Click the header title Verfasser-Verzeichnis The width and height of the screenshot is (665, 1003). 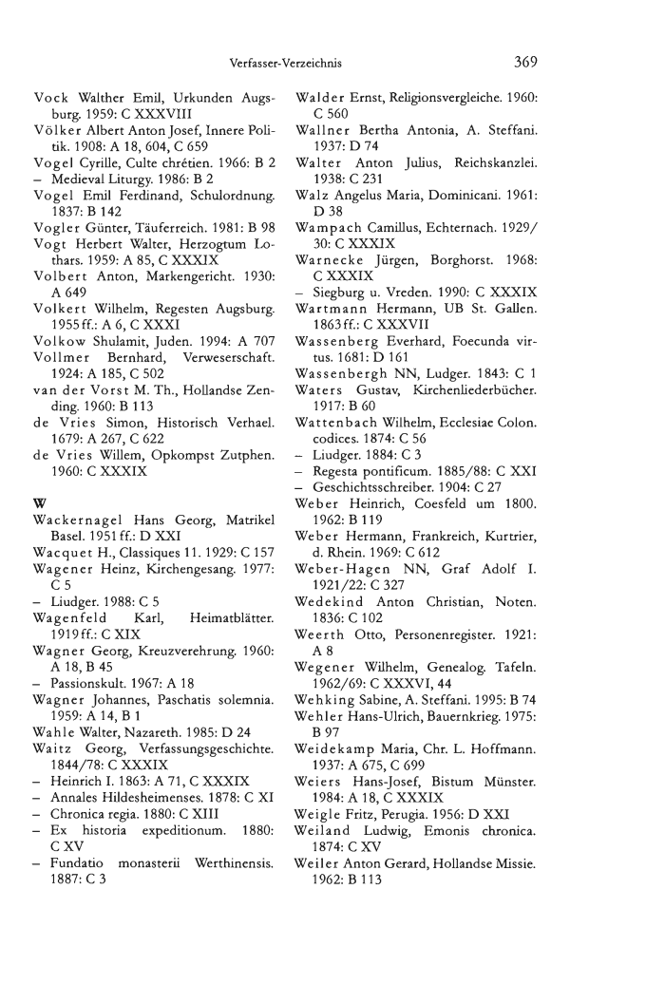pyautogui.click(x=285, y=65)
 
